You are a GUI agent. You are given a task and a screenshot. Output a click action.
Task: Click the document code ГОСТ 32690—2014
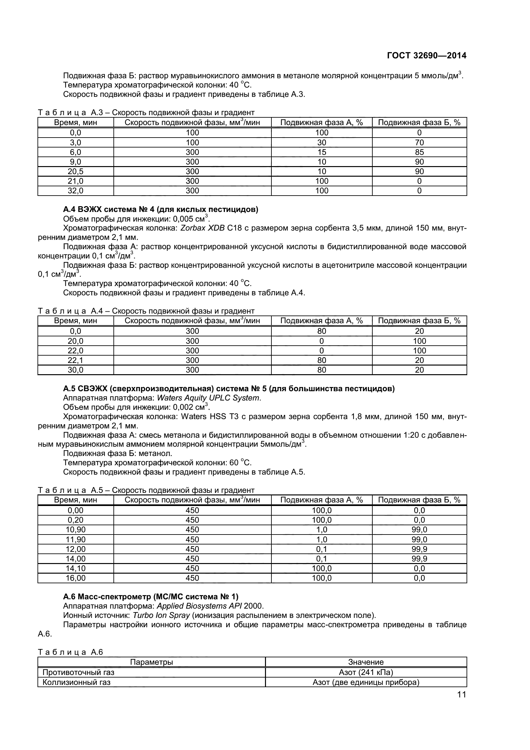[x=426, y=56]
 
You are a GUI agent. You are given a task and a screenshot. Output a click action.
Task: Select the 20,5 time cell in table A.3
[x=75, y=172]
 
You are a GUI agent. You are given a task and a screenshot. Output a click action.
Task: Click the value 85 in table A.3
[x=419, y=152]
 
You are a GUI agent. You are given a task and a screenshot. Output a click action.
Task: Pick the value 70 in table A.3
[x=419, y=142]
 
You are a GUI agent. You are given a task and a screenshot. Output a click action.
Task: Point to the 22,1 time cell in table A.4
[x=75, y=360]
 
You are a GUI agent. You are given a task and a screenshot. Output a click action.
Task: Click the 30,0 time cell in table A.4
[x=75, y=370]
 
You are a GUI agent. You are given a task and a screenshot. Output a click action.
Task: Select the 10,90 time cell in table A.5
[x=75, y=529]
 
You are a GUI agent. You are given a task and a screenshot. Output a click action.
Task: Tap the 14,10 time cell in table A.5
[x=75, y=568]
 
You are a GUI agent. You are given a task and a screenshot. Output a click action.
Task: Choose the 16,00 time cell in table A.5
[x=75, y=578]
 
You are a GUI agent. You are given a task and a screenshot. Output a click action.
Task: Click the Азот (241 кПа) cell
[x=366, y=672]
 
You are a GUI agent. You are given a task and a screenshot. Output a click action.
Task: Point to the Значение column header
[x=366, y=662]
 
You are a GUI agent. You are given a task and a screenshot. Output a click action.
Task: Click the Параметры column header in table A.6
[x=152, y=662]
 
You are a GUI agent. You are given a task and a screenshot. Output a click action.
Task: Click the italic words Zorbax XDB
[x=202, y=228]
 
